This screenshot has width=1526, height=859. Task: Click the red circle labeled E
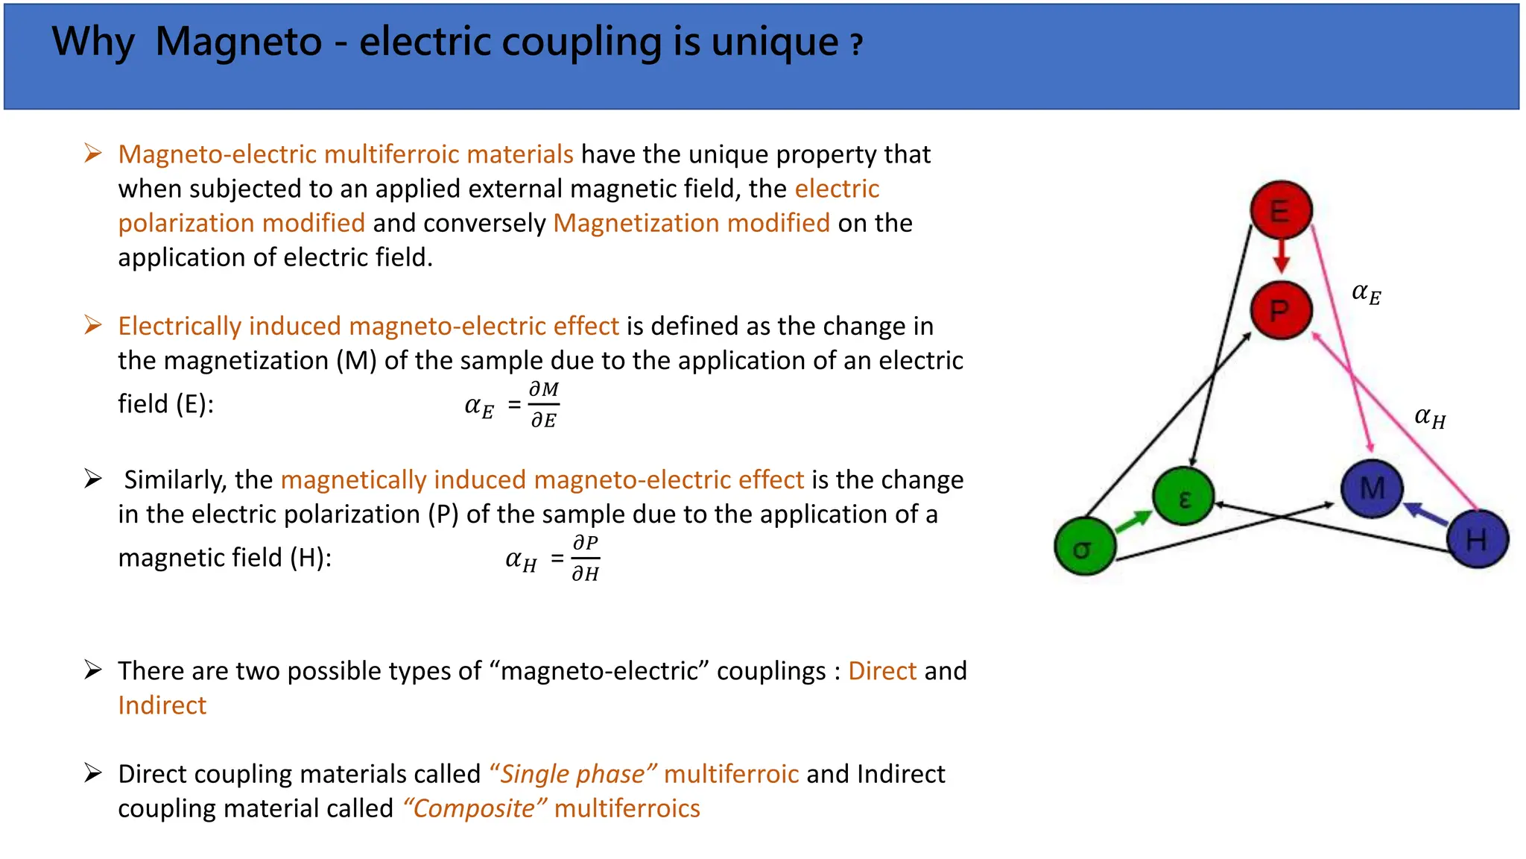(1281, 211)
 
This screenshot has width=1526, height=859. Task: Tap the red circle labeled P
(1280, 310)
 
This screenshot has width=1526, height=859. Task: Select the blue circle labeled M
(1372, 489)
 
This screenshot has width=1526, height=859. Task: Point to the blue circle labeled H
(1477, 539)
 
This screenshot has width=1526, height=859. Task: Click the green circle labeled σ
(1084, 548)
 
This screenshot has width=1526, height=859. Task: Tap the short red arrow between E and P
(1281, 256)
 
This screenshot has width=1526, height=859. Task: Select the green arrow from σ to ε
(1133, 520)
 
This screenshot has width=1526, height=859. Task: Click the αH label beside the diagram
(1430, 418)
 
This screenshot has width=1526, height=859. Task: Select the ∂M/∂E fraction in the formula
(544, 405)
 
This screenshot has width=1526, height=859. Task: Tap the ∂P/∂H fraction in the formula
(586, 558)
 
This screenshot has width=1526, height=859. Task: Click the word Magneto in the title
(238, 42)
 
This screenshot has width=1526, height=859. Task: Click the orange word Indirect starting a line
(162, 705)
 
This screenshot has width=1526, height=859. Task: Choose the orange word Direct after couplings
(881, 671)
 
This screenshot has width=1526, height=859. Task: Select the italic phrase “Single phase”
(572, 774)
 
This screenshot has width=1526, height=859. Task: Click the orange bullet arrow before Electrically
(92, 326)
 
